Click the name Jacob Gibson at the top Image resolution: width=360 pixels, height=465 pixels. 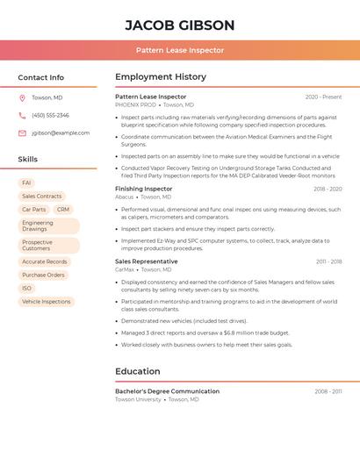pos(180,25)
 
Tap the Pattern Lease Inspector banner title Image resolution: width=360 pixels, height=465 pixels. pos(180,50)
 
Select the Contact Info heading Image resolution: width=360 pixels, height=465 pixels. pos(41,77)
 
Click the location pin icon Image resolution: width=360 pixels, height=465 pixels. pos(22,97)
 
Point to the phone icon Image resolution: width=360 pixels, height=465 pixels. pos(22,115)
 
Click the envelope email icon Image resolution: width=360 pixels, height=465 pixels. pos(22,133)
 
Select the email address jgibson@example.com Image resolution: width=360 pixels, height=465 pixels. pos(61,133)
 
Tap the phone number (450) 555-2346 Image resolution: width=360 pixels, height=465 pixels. pos(50,115)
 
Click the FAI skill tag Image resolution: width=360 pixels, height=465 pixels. pos(27,182)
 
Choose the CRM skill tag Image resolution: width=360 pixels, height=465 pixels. pos(63,210)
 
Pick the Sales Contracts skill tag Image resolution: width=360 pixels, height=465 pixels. pos(42,197)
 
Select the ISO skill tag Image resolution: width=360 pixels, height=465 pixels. pos(27,288)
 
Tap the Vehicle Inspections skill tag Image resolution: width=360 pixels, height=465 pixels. pos(47,302)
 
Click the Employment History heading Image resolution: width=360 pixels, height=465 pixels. pos(161,77)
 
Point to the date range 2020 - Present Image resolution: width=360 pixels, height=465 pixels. pos(323,97)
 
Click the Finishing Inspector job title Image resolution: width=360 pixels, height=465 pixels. pos(144,189)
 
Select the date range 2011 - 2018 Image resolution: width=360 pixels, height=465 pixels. pos(328,261)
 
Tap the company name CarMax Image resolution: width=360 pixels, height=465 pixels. pos(125,269)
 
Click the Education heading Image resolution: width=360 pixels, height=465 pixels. pos(137,371)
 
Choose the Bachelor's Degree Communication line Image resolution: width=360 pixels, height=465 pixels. pos(168,391)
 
